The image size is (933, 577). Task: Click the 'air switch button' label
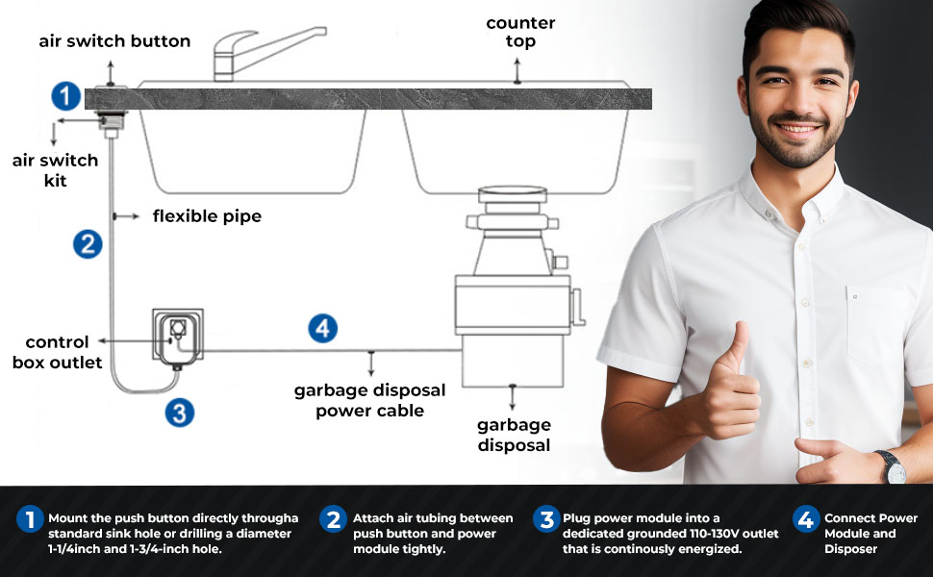coord(114,41)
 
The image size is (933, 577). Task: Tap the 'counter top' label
coord(520,32)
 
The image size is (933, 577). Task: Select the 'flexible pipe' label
coord(207,216)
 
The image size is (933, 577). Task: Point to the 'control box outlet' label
coord(57,352)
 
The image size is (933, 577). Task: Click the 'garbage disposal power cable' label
coord(369,400)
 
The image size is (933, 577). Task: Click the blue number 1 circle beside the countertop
coord(64,96)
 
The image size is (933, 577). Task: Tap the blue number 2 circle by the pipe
coord(88,244)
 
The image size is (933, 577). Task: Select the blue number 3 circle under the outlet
coord(179,413)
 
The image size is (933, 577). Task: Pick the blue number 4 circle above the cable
coord(323,328)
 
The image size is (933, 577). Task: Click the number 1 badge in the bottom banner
coord(30,519)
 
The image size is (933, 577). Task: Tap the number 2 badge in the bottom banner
coord(333,519)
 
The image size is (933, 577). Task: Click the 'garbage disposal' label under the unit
coord(514,435)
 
